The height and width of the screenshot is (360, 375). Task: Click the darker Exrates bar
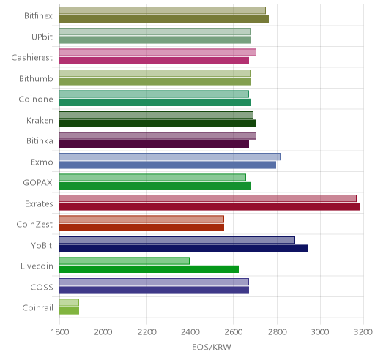[x=209, y=207]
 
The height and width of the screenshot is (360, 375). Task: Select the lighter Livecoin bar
[x=125, y=260]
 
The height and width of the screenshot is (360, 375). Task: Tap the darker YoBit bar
[x=183, y=249]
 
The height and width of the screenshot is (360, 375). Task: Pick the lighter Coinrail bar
[x=69, y=302]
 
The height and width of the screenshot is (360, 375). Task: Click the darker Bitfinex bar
[x=164, y=19]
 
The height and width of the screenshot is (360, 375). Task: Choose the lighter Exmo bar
[x=170, y=157]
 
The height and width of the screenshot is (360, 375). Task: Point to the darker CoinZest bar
[x=141, y=228]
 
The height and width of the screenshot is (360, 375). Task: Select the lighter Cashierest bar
[x=157, y=52]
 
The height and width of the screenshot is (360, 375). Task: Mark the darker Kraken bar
[x=157, y=124]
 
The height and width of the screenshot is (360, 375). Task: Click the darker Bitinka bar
[x=154, y=144]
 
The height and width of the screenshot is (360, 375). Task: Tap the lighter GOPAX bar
[x=152, y=177]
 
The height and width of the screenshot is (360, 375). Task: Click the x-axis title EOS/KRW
[x=212, y=347]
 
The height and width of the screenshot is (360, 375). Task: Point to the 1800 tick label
[x=59, y=332]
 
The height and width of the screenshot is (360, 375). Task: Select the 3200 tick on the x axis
[x=363, y=332]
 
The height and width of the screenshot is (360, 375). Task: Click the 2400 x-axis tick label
[x=190, y=332]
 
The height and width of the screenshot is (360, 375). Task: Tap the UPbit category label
[x=42, y=37]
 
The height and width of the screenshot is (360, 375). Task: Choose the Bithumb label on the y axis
[x=36, y=78]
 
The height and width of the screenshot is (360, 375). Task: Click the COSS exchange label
[x=42, y=287]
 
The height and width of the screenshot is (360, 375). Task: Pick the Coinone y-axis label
[x=36, y=100]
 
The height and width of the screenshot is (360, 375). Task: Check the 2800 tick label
[x=277, y=332]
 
